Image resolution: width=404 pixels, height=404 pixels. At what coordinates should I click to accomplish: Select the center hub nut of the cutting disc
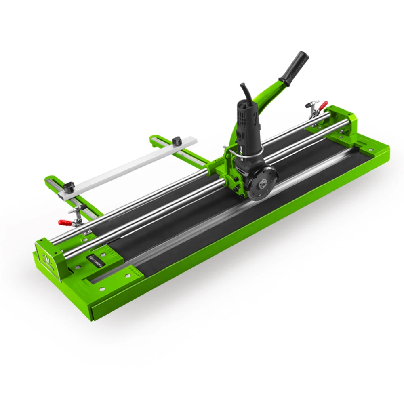point(261,185)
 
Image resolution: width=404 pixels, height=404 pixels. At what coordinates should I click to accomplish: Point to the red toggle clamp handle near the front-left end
point(65,222)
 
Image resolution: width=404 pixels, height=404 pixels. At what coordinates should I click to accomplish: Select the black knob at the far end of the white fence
point(176,141)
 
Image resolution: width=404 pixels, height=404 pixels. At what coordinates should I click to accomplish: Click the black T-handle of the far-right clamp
point(313,103)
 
